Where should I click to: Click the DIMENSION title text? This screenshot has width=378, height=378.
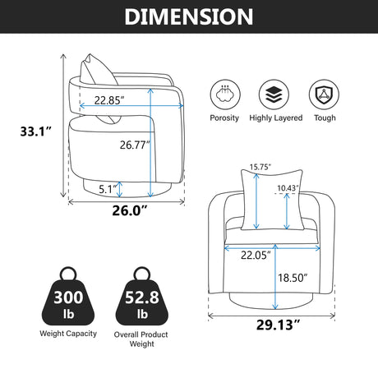pos(189,16)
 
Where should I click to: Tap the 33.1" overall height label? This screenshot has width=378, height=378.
pos(35,131)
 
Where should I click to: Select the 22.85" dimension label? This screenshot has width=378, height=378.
pos(109,100)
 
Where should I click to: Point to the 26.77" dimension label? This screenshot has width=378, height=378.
pos(135,145)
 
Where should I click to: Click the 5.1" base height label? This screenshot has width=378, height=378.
pos(108,189)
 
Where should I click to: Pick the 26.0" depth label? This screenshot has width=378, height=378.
pos(130,210)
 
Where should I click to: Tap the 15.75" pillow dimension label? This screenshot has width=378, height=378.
pos(260,167)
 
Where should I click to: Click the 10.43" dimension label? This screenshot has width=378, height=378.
pos(288,188)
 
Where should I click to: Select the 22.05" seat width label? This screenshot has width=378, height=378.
pos(256,255)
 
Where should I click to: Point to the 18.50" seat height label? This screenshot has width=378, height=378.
pos(293,278)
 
